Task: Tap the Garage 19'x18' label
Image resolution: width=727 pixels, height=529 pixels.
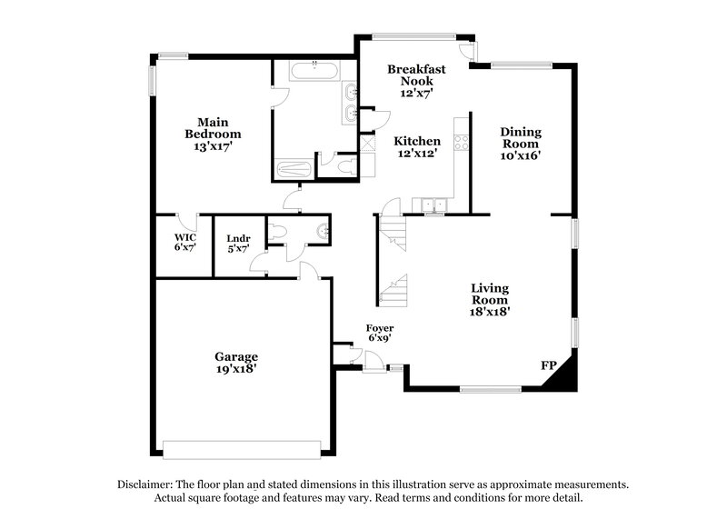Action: pyautogui.click(x=236, y=363)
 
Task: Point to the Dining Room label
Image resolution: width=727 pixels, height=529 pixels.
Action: pyautogui.click(x=521, y=143)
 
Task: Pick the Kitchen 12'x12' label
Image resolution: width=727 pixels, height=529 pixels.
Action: pyautogui.click(x=417, y=147)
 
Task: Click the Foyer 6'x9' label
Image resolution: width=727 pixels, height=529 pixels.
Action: pyautogui.click(x=379, y=333)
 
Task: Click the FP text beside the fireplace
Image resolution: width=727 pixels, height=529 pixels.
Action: pyautogui.click(x=548, y=364)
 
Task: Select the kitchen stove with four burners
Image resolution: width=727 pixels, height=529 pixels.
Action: pyautogui.click(x=462, y=143)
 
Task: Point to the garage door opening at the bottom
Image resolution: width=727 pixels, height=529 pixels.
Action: pyautogui.click(x=242, y=446)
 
